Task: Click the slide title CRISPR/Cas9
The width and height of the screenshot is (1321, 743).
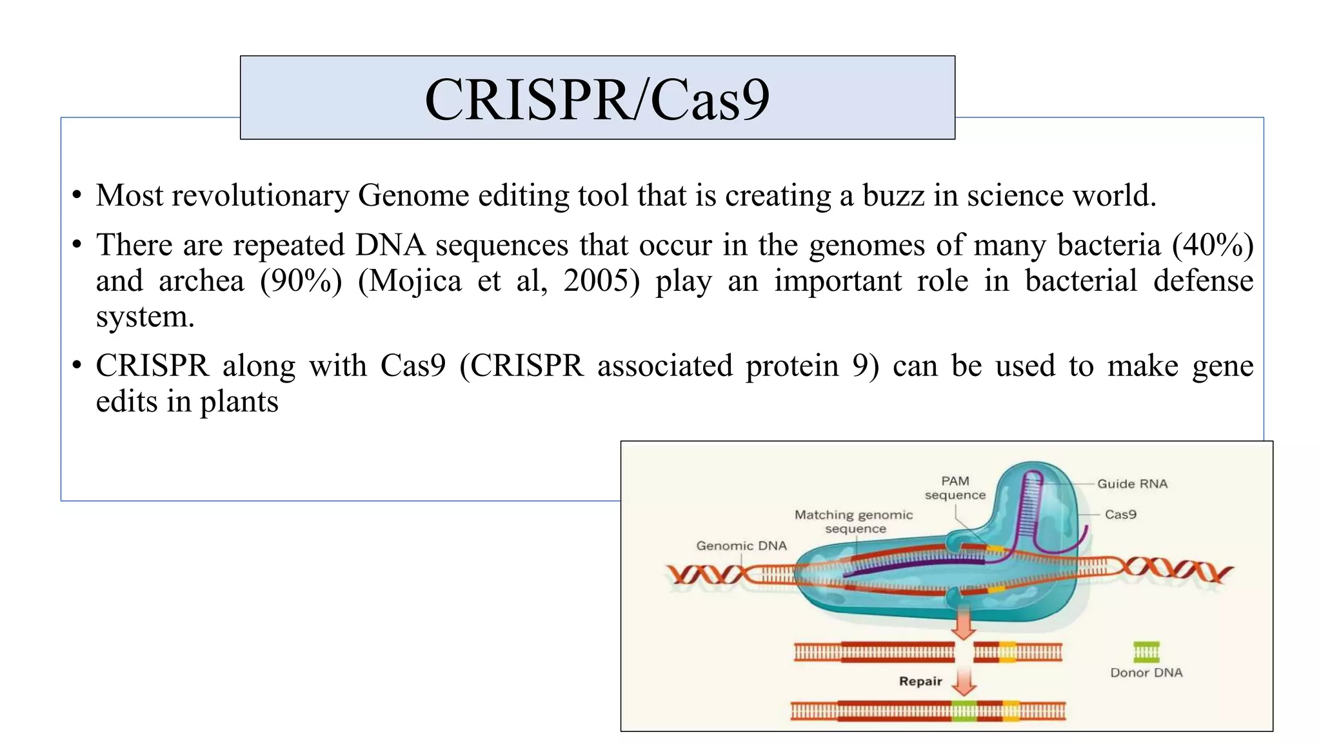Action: [597, 99]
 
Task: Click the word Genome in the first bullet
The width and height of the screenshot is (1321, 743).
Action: [413, 195]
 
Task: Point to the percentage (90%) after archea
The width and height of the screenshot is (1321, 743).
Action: [301, 281]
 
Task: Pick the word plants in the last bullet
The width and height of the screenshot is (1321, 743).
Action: [239, 402]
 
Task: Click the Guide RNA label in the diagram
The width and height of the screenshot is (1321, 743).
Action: [1132, 484]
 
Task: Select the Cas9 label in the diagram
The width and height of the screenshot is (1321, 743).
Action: [1120, 515]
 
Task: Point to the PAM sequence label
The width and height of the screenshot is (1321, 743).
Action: [955, 488]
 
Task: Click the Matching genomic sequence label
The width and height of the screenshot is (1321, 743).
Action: [854, 522]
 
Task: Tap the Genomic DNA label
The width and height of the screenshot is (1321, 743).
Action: [741, 546]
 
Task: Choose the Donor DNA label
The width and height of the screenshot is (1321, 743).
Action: [1146, 673]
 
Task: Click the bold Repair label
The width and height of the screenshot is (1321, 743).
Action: [920, 682]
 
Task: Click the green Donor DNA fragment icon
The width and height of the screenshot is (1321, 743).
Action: [1146, 652]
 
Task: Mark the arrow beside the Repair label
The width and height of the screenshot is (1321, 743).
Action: [964, 682]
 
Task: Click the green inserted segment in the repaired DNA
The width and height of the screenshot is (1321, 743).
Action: [964, 711]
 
